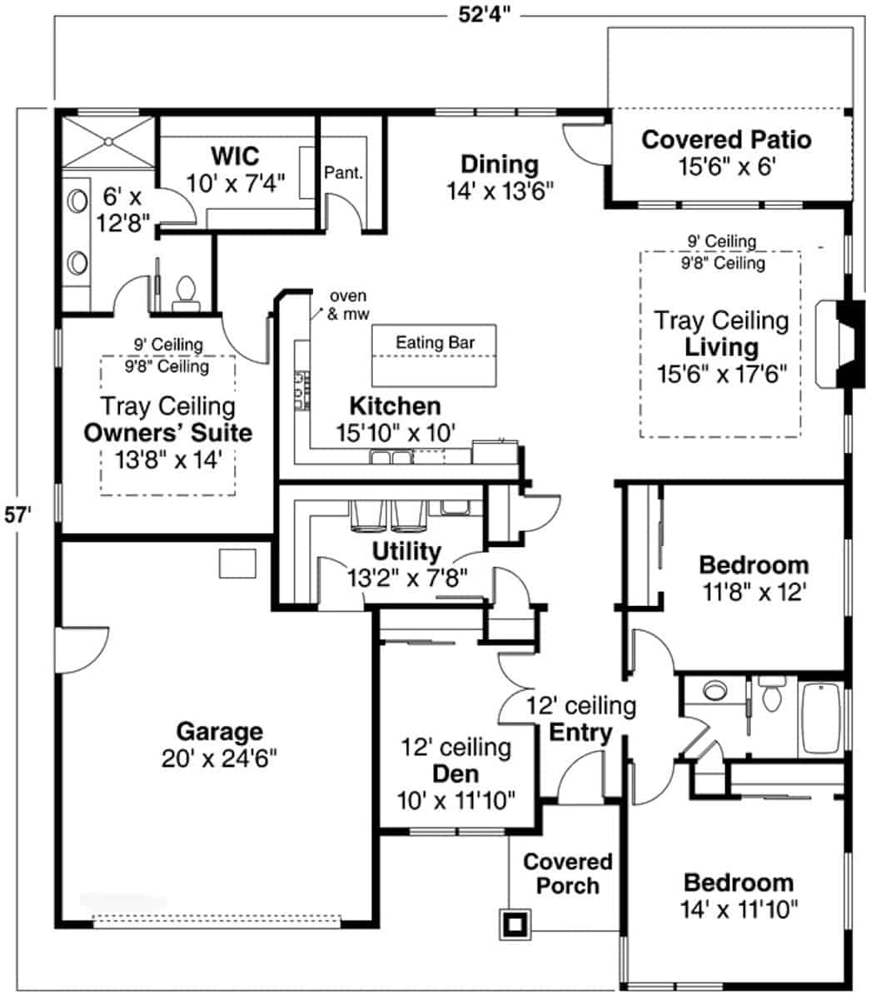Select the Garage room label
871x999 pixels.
[220, 733]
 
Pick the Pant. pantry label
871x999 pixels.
[343, 174]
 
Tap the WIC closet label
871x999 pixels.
[234, 156]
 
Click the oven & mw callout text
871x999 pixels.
[349, 305]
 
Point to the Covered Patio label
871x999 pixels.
[726, 139]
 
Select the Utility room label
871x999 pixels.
[406, 551]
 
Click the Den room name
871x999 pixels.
[455, 774]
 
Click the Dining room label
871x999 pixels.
[500, 163]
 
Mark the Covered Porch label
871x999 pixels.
[567, 873]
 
